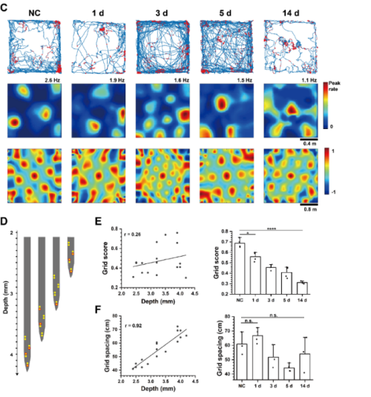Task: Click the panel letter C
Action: pos(7,9)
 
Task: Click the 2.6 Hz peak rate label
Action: pos(53,79)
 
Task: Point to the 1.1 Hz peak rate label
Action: pos(308,79)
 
